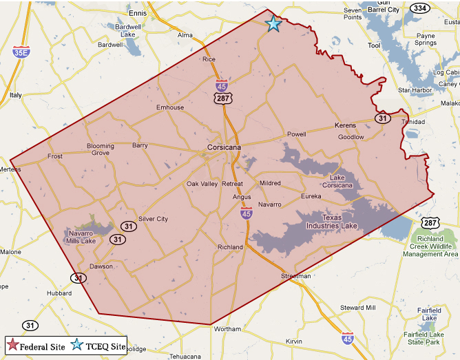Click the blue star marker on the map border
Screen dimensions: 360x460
pyautogui.click(x=273, y=23)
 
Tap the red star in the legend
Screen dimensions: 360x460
pyautogui.click(x=12, y=346)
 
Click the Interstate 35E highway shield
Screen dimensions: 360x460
pyautogui.click(x=21, y=52)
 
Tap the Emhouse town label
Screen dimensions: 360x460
pyautogui.click(x=170, y=107)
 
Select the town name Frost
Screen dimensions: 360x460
pyautogui.click(x=55, y=156)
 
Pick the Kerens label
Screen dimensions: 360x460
pyautogui.click(x=345, y=125)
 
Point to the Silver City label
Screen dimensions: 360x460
pyautogui.click(x=153, y=219)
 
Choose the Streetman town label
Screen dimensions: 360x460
pyautogui.click(x=296, y=275)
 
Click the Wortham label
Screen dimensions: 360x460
pyautogui.click(x=227, y=329)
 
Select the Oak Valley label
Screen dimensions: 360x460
pyautogui.click(x=202, y=184)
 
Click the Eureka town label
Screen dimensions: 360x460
pyautogui.click(x=311, y=196)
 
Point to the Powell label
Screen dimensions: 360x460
pyautogui.click(x=296, y=134)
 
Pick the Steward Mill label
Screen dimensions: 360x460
pyautogui.click(x=357, y=307)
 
